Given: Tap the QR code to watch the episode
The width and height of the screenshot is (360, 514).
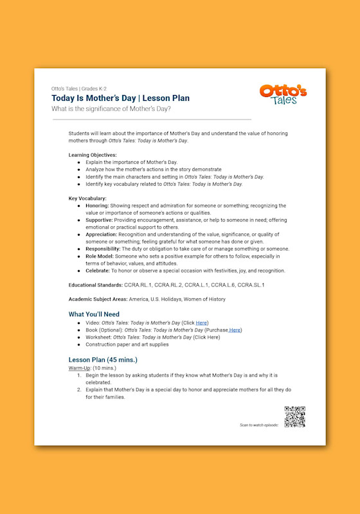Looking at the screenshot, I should [x=294, y=417].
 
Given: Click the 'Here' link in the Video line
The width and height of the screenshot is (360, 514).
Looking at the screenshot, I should [x=201, y=323].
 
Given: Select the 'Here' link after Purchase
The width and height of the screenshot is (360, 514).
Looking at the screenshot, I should [x=235, y=330].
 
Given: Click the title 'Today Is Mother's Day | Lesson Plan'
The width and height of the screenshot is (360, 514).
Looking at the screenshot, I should [x=120, y=98].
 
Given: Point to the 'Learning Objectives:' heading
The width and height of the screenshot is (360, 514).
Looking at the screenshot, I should [x=93, y=155].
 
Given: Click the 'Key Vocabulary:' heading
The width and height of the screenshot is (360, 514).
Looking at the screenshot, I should [x=87, y=199].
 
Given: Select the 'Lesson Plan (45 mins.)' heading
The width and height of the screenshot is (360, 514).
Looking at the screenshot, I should [x=103, y=359].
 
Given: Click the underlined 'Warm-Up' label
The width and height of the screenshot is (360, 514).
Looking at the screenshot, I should [x=80, y=368].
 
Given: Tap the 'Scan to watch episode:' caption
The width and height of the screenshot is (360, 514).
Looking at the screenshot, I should [x=258, y=425].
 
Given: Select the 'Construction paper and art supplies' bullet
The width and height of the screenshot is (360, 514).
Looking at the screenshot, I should [x=127, y=344].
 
